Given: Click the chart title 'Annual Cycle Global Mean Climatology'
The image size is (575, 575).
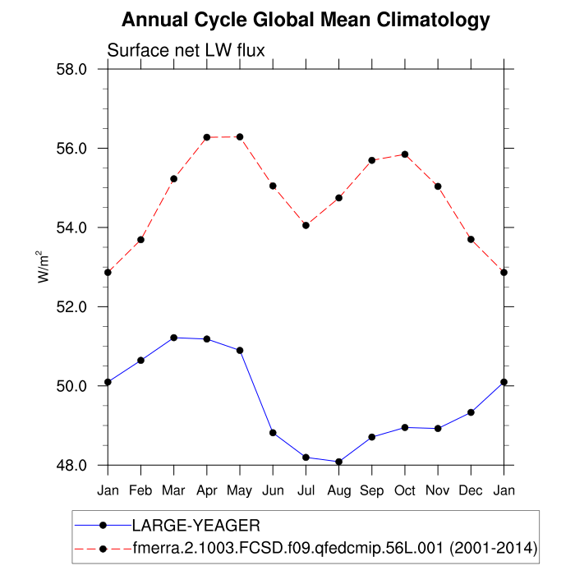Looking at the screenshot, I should click(x=306, y=20).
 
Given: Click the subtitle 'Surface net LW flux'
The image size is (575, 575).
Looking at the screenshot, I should click(x=186, y=51).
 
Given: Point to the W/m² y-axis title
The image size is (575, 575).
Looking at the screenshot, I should click(x=44, y=266).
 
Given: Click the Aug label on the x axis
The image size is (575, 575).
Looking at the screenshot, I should click(x=338, y=490).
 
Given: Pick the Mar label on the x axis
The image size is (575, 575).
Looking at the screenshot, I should click(x=173, y=490).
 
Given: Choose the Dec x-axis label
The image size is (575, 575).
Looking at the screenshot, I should click(x=471, y=490).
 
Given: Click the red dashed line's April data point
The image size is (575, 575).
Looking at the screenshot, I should click(x=207, y=137).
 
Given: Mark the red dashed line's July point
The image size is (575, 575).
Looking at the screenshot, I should click(x=306, y=225).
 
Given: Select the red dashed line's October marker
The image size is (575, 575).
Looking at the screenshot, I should click(x=405, y=154).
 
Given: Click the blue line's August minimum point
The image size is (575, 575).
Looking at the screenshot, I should click(x=338, y=462).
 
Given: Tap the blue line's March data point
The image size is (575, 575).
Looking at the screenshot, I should click(x=173, y=338).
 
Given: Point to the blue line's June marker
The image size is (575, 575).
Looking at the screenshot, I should click(x=273, y=433).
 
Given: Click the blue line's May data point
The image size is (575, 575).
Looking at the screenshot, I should click(x=240, y=351).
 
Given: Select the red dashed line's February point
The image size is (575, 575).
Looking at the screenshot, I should click(x=140, y=240).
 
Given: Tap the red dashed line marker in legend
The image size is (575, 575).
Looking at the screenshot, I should click(x=103, y=547).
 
